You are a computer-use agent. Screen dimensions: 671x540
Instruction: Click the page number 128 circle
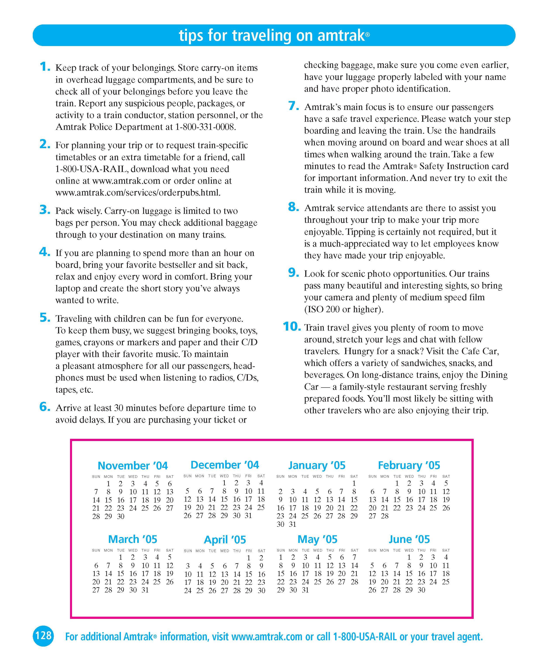43,635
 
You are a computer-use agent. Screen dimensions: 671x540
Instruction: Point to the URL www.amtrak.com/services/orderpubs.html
138,193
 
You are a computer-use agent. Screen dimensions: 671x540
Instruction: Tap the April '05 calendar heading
225,539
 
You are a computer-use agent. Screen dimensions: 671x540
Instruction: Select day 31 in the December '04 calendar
248,515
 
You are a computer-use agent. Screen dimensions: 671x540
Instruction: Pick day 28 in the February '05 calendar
385,516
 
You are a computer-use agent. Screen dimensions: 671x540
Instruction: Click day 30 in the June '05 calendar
421,590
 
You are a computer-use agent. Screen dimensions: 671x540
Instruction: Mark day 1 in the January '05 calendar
354,483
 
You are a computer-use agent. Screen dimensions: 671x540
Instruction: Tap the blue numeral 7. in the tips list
293,106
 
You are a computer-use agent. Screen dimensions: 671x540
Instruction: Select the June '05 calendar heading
409,539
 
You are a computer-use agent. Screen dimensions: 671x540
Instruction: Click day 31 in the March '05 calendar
145,590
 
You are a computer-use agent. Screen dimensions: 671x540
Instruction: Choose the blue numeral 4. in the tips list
45,252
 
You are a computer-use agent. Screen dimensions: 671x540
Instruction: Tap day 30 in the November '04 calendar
120,516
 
